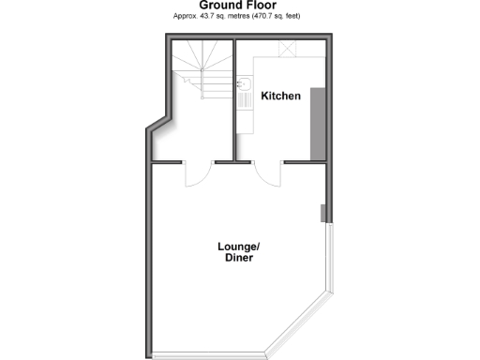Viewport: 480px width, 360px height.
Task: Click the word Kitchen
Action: pos(280,96)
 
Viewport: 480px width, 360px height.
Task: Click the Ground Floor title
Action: pos(240,5)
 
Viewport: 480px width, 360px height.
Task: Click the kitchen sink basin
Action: pos(242,83)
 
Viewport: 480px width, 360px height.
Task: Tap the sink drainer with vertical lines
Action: pos(242,96)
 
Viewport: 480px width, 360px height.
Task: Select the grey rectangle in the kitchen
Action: pos(318,122)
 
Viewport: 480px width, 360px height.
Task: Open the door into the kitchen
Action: pos(266,174)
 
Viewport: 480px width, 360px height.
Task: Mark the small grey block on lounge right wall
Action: pos(323,213)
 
